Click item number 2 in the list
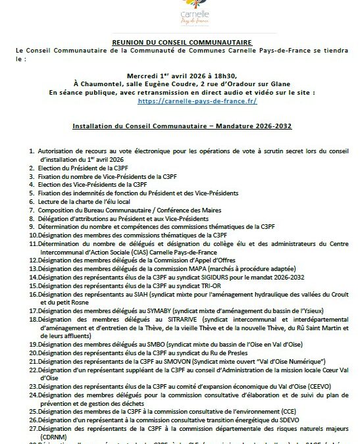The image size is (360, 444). pos(32,168)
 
